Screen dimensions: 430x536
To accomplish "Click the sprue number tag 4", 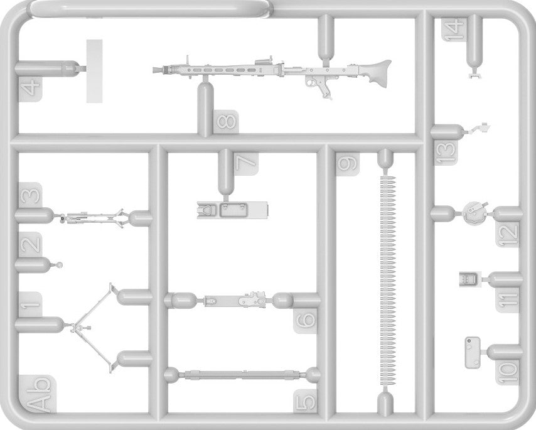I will click(29, 86).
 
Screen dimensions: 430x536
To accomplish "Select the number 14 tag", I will click(453, 29).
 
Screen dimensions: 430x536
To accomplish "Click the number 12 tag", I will click(510, 233).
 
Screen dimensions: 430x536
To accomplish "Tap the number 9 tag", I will click(347, 164).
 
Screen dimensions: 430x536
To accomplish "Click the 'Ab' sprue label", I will click(36, 393).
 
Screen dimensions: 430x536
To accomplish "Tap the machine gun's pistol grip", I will click(324, 87).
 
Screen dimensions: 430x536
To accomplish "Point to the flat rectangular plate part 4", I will click(94, 70).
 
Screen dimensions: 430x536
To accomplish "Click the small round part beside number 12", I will click(475, 212).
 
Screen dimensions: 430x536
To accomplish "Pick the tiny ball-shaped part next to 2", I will click(60, 264).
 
